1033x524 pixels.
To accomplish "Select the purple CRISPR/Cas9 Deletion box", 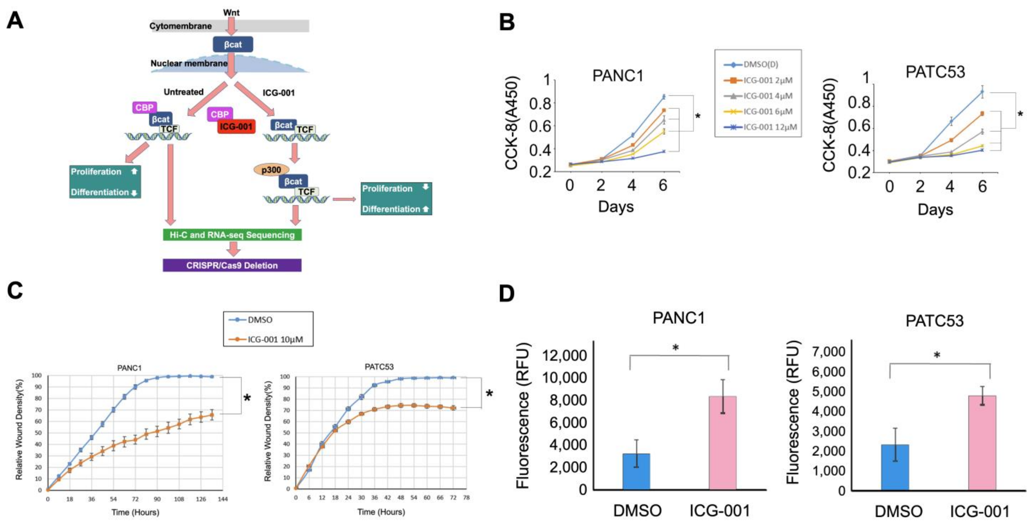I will coord(232,265).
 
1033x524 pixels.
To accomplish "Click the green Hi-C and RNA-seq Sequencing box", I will coord(232,235).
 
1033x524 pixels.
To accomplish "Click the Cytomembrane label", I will coord(181,26).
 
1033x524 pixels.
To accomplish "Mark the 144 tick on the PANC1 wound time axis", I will coord(223,499).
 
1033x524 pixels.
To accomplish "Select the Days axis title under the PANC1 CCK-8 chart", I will coord(616,207).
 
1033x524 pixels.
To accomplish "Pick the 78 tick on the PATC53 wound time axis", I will coord(466,498).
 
